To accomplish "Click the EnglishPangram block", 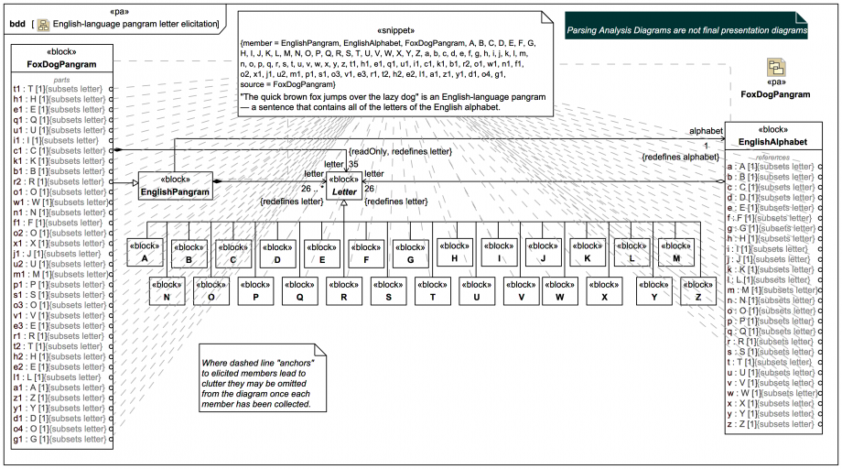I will (x=175, y=186).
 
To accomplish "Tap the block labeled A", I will (x=145, y=252).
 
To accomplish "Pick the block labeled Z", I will (x=698, y=290).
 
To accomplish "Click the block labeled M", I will (x=675, y=252).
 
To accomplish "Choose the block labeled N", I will (x=167, y=290).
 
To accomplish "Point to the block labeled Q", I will (x=299, y=290).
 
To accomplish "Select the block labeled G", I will (x=410, y=252).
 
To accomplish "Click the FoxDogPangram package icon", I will (x=774, y=69).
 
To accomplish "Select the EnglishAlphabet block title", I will (x=772, y=142).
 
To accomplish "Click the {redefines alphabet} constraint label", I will (x=680, y=158).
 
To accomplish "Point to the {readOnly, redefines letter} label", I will (x=400, y=150).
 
